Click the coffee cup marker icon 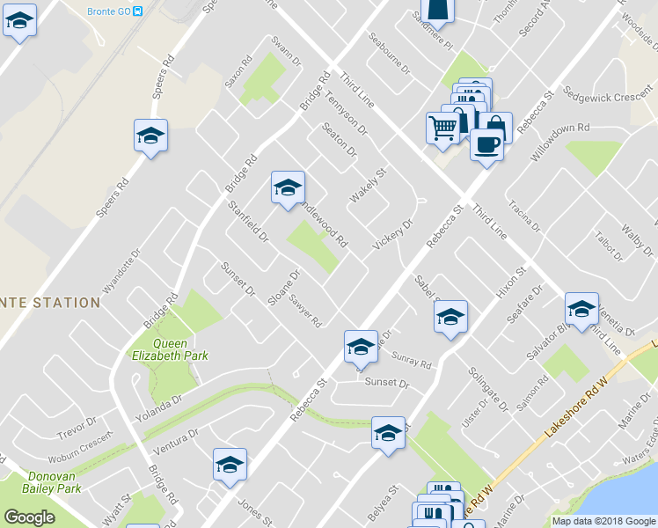pos(486,144)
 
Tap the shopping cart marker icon pos(442,127)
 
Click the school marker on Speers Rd pos(150,136)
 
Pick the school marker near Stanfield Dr pos(287,188)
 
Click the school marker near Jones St pos(230,466)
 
